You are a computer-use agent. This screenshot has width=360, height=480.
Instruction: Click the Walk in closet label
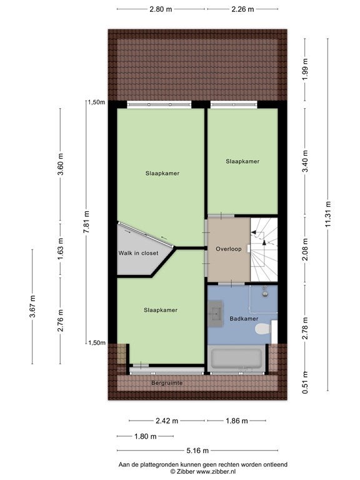point(138,253)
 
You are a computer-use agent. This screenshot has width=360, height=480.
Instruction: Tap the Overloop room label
point(229,249)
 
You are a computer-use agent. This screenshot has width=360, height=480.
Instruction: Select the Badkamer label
point(244,319)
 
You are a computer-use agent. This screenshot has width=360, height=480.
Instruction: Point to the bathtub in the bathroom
point(236,358)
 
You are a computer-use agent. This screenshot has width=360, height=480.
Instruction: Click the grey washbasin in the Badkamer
point(216,314)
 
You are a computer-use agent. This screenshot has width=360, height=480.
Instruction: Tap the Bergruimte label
point(167,383)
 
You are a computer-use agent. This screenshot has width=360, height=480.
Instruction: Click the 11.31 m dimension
point(328,214)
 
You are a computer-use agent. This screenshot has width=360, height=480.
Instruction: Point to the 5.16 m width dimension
point(197,451)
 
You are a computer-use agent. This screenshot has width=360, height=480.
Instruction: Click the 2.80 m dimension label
point(161,9)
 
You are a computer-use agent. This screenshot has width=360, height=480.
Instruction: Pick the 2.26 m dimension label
point(242,9)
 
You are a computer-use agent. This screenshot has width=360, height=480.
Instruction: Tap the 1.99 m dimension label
point(305,69)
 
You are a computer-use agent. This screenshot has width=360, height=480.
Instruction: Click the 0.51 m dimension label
point(305,382)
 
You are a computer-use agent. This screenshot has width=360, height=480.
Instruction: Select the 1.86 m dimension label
point(237,421)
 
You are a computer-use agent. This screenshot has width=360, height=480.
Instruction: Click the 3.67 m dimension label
point(32,306)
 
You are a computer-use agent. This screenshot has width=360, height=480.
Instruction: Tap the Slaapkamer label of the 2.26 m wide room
point(242,161)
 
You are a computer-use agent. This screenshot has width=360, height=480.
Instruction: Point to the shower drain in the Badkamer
point(265,294)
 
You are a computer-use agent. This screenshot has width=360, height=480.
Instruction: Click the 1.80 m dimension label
point(146,436)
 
